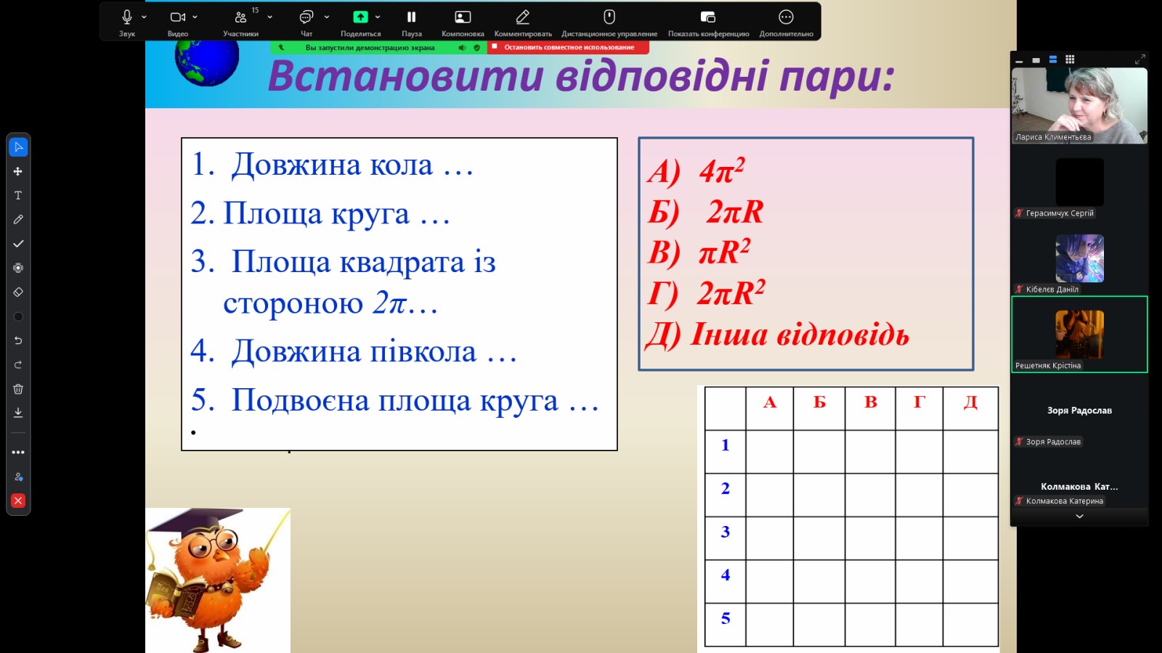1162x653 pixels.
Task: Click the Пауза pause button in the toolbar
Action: coord(411,17)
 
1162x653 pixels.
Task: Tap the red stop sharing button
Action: coord(568,47)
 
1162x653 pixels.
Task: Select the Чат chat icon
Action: coord(306,17)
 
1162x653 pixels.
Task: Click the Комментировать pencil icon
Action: coord(522,17)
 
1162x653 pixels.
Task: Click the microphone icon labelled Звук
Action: coord(127,17)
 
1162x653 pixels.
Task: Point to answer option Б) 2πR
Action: coord(706,212)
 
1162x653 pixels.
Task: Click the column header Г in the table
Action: coord(919,402)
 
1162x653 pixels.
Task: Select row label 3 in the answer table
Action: coord(726,532)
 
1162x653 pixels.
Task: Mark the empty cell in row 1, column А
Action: coord(769,451)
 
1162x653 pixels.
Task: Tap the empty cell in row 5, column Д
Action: coord(970,625)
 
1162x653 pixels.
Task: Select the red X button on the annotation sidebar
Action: coord(18,501)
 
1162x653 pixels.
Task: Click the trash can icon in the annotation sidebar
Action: coord(18,389)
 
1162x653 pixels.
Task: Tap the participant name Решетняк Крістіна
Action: coord(1048,366)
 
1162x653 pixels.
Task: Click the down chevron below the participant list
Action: coord(1079,516)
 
